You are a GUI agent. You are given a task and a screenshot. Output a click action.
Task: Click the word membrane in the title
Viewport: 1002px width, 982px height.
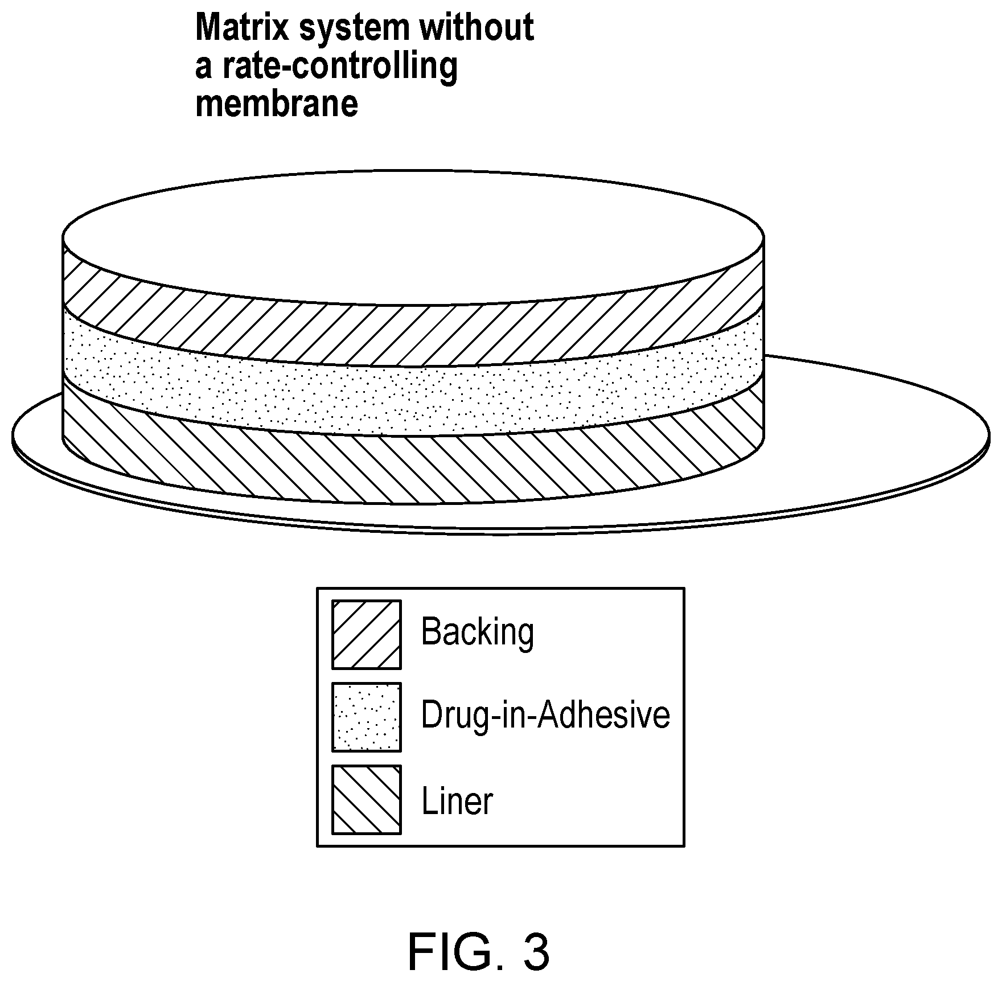[276, 104]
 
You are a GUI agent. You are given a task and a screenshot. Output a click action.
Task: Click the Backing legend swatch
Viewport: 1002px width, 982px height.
[367, 634]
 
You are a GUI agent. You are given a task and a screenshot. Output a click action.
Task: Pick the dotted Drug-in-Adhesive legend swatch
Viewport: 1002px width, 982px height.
[367, 717]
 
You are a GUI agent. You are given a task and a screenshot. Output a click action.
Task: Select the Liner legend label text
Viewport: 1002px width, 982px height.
[457, 801]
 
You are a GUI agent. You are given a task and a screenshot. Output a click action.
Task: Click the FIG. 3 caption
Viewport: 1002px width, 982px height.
[478, 937]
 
